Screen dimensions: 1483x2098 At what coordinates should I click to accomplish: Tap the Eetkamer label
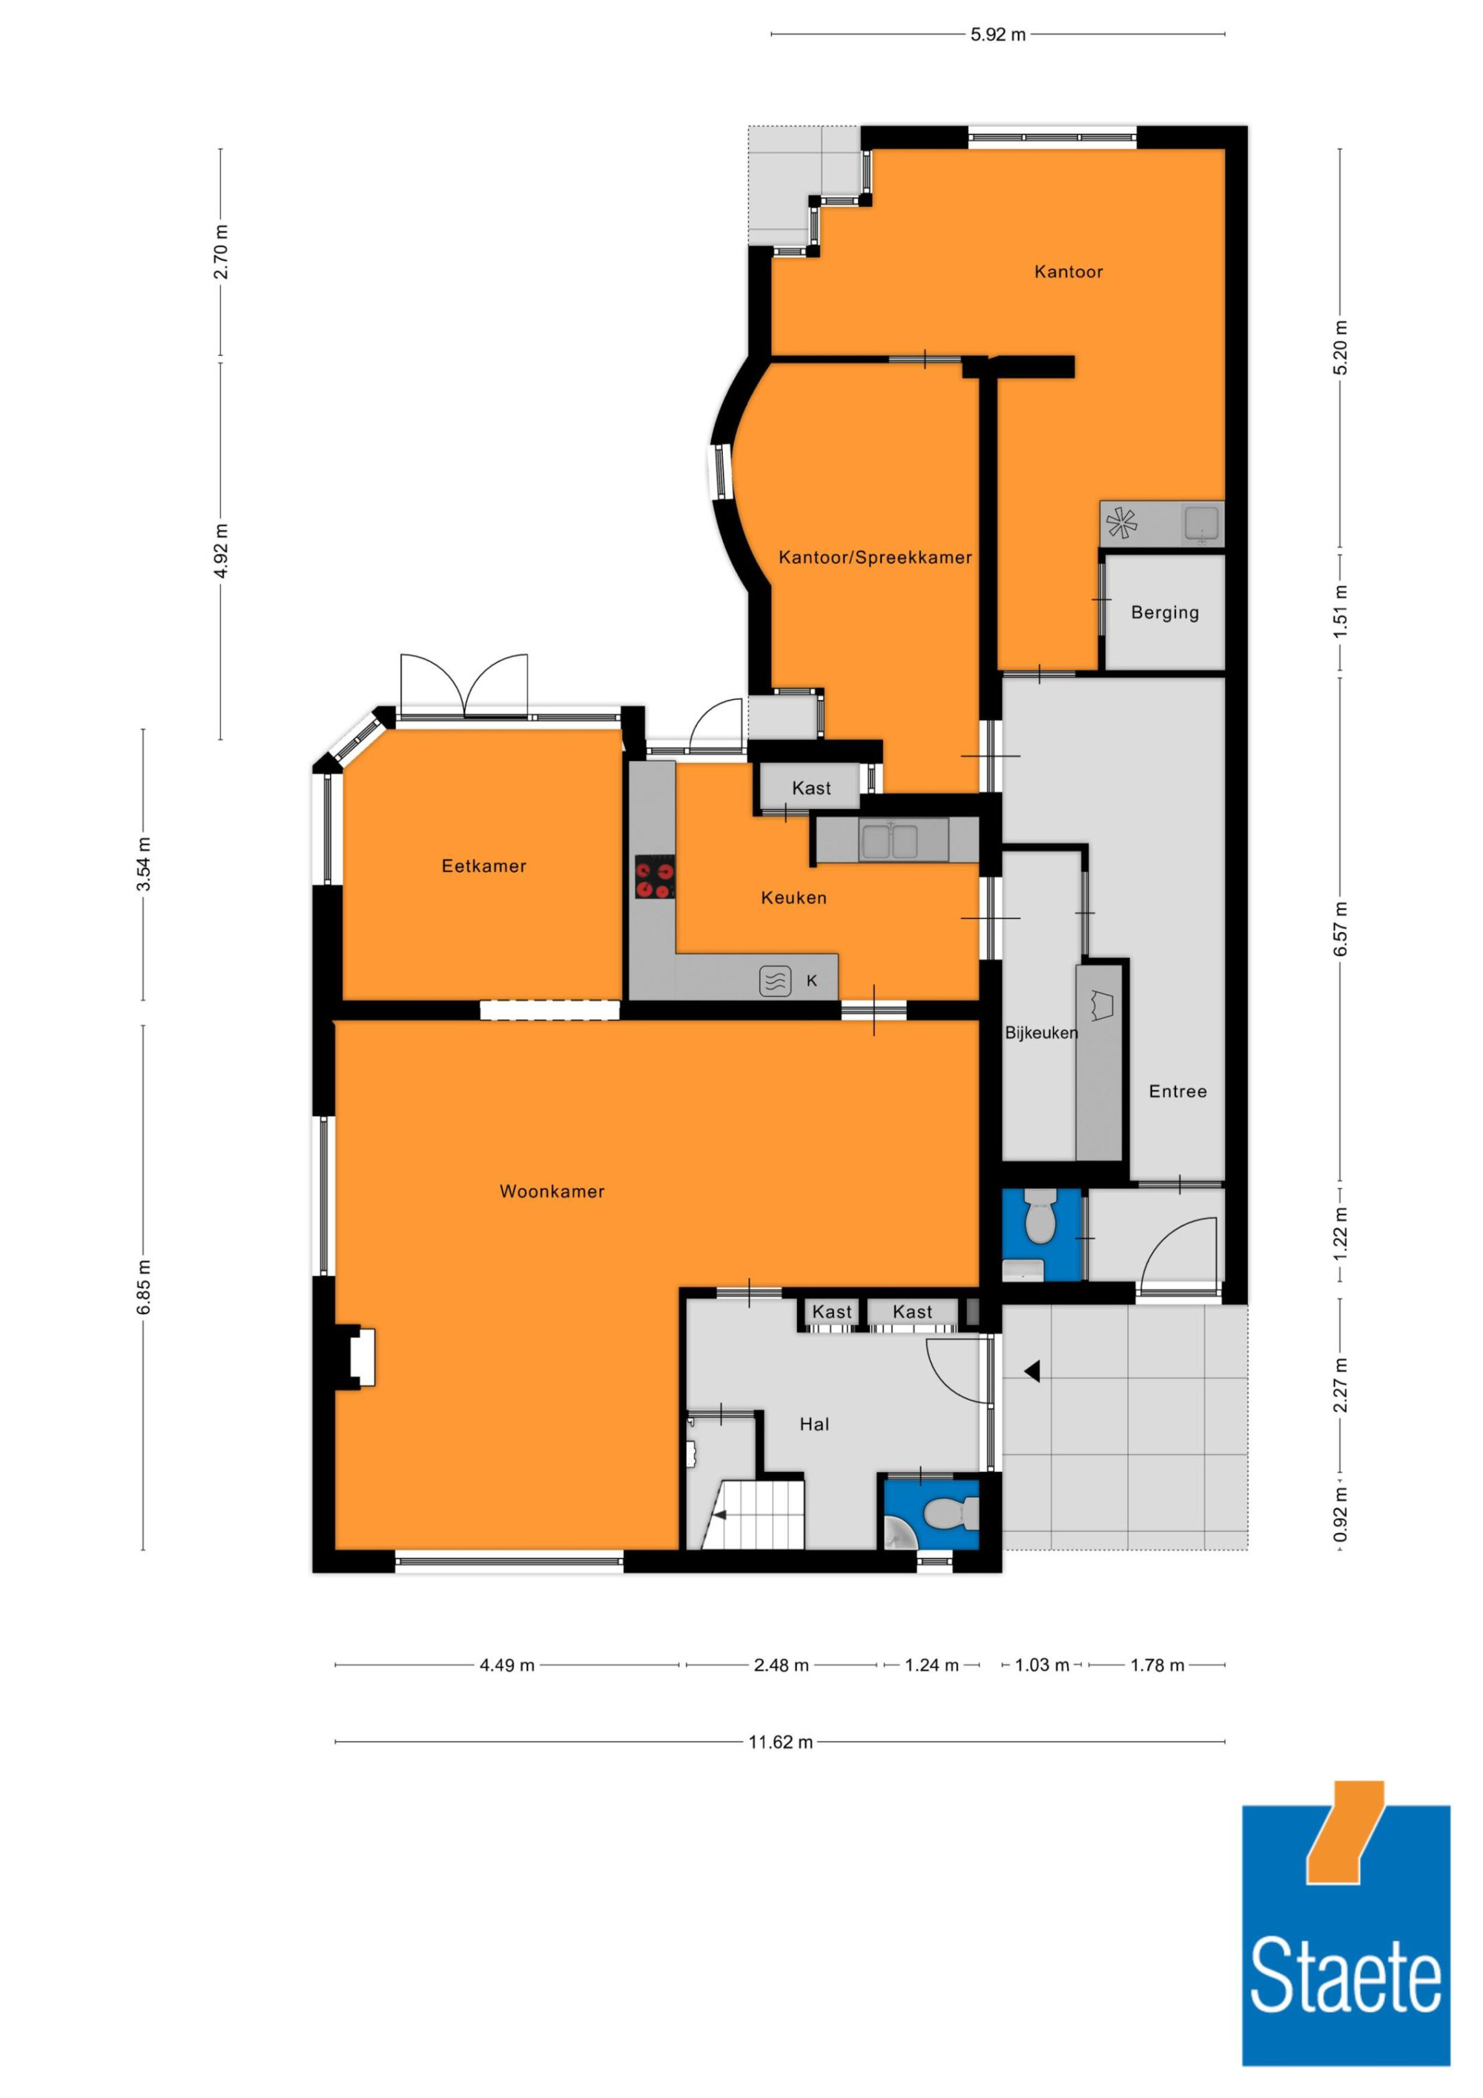pyautogui.click(x=483, y=865)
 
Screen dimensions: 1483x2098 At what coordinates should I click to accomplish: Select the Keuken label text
pyautogui.click(x=793, y=897)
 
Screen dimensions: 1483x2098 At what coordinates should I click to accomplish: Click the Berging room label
pyautogui.click(x=1164, y=613)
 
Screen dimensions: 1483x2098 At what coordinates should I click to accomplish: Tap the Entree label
pyautogui.click(x=1177, y=1091)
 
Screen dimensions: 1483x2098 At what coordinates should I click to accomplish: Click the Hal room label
pyautogui.click(x=814, y=1424)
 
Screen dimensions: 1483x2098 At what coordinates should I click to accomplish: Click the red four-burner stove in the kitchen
pyautogui.click(x=655, y=877)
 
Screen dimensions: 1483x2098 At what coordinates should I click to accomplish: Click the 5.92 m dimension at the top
pyautogui.click(x=998, y=35)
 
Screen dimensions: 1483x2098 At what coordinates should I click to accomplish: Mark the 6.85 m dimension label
pyautogui.click(x=143, y=1287)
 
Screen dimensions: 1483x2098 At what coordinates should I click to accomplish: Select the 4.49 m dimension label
pyautogui.click(x=507, y=1665)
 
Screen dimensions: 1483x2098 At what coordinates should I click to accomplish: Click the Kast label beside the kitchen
pyautogui.click(x=811, y=788)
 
